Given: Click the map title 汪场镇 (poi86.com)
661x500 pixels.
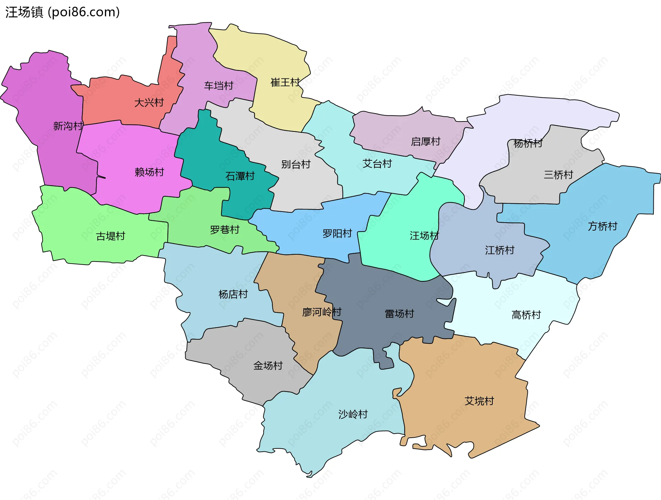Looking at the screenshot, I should [62, 12].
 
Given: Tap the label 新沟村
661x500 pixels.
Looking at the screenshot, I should [68, 126].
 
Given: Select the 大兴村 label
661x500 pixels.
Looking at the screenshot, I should [149, 103].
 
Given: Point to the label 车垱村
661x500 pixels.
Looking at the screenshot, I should [219, 85].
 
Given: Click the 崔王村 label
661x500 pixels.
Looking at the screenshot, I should [285, 82].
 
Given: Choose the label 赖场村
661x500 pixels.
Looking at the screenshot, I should [149, 172].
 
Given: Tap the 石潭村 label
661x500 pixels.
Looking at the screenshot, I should [240, 176].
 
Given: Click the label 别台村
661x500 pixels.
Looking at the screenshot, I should [296, 164].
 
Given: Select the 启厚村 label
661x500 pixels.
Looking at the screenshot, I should [426, 141].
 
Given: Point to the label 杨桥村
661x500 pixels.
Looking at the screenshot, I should [528, 143].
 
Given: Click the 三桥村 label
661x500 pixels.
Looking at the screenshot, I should [558, 175].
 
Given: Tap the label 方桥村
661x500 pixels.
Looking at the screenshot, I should [602, 226].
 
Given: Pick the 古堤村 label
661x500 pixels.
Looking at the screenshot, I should [111, 236].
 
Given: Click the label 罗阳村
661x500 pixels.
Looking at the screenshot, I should [337, 234].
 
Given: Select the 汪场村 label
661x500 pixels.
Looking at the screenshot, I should [424, 235].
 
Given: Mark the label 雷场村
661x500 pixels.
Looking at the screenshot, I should [399, 313].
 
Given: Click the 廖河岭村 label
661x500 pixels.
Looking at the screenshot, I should [322, 312].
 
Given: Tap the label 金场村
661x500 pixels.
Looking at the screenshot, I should [268, 365].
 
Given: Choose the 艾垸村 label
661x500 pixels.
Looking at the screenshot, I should [479, 401].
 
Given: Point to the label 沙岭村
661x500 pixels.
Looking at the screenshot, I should [353, 414].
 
